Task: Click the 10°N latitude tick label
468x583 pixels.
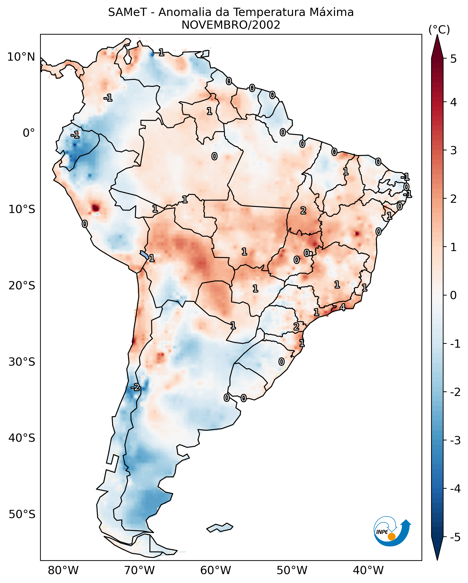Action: pos(21,57)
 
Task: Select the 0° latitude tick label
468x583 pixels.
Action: pos(29,133)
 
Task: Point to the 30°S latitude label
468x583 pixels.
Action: pos(22,362)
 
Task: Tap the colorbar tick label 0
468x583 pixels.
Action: pos(453,295)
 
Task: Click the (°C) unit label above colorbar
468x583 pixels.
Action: pos(439,30)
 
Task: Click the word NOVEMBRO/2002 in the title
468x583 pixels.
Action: pos(231,25)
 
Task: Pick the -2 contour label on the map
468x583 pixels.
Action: pos(135,387)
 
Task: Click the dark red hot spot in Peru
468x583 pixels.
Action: pos(95,208)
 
